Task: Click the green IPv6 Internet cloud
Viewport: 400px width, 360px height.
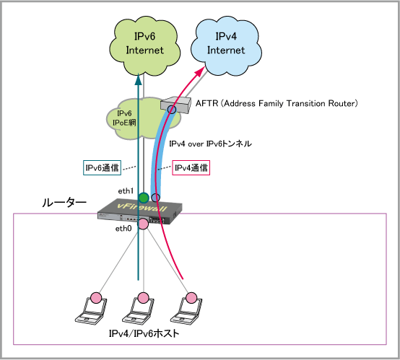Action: click(145, 46)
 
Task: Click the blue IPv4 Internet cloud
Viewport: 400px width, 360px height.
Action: click(226, 46)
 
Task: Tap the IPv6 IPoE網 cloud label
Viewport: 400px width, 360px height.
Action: click(124, 118)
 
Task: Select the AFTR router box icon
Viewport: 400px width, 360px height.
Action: click(175, 105)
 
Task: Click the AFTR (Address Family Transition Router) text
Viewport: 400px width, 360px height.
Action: click(277, 103)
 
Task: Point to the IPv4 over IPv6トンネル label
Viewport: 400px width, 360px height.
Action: click(210, 144)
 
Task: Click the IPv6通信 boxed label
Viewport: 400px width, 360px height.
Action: click(102, 168)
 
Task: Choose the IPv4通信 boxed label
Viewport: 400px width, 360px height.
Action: click(191, 168)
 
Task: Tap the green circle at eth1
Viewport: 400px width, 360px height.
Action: click(144, 198)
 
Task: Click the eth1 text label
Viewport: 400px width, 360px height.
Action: click(126, 190)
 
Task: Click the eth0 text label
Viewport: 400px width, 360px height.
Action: click(123, 229)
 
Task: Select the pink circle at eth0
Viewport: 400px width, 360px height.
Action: click(143, 224)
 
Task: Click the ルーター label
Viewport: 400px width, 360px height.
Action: click(64, 203)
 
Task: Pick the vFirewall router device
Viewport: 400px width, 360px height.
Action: click(140, 211)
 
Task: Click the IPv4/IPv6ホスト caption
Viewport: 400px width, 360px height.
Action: click(144, 333)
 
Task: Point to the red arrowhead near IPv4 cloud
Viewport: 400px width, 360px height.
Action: click(200, 71)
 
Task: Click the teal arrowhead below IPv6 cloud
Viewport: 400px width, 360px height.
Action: click(138, 79)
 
